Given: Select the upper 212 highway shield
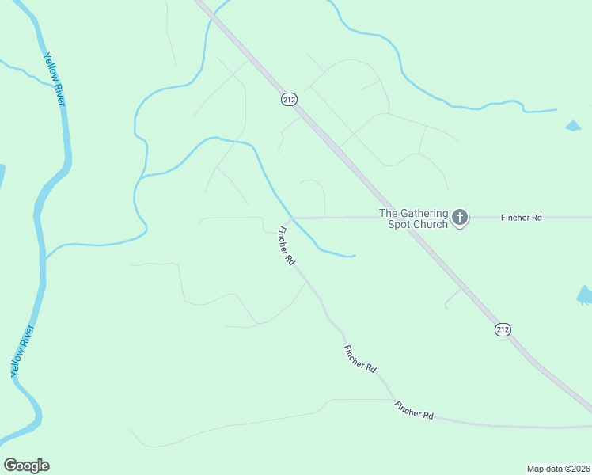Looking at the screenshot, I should point(289,99).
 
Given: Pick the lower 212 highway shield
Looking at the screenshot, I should point(503,329).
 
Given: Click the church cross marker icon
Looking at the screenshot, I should point(460,218).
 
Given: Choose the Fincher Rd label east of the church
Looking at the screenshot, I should point(521,217).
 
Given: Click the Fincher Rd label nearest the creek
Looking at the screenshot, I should point(286,246).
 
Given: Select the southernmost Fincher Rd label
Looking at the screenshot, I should point(414,409).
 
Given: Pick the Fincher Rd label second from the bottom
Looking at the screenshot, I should point(360,359).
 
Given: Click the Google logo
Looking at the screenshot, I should point(26,465).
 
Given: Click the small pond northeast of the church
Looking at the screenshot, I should point(573,126).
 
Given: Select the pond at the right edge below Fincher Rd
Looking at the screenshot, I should point(585,296).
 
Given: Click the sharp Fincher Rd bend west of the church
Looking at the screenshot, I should point(291,218).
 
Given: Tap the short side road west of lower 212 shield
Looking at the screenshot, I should point(453,297).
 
